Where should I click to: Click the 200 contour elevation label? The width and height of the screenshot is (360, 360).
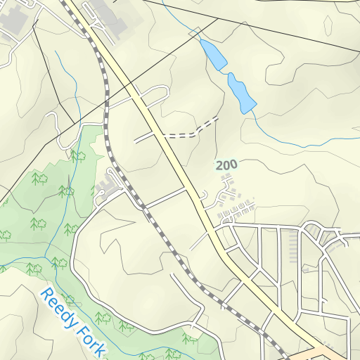[x=226, y=165]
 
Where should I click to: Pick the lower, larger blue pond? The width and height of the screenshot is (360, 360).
[x=240, y=92]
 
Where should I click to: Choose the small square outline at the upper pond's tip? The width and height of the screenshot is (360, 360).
[x=195, y=32]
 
